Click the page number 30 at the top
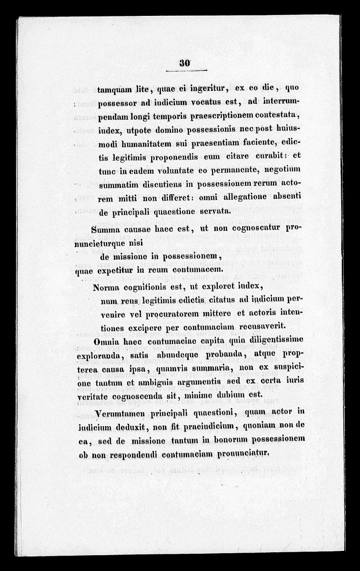point(185,63)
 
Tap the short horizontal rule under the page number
point(185,71)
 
